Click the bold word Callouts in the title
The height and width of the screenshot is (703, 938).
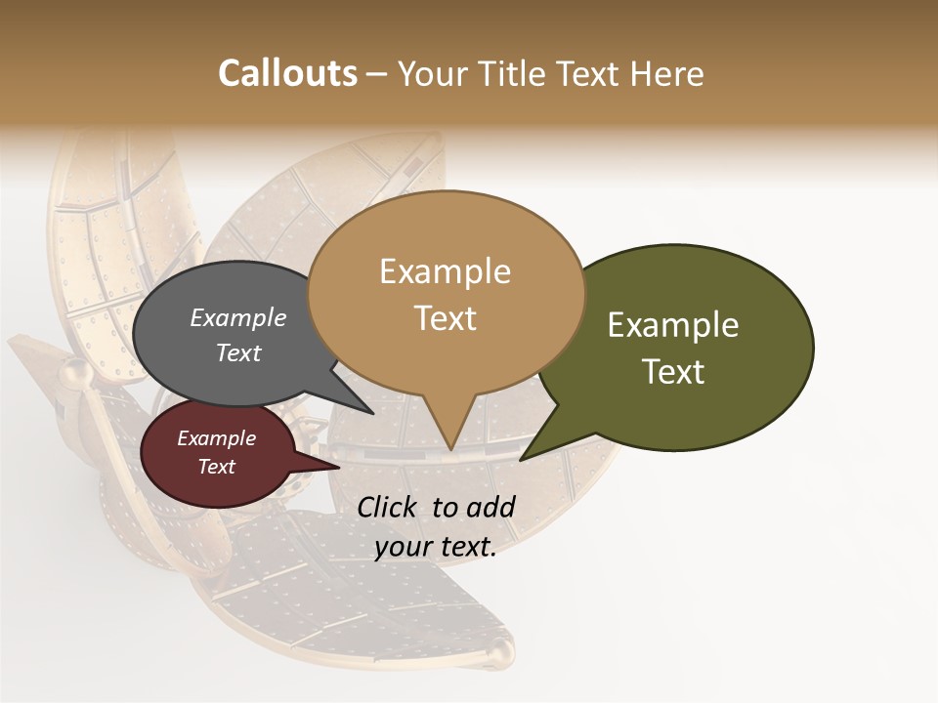click(x=287, y=73)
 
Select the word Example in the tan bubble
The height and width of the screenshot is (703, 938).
click(x=445, y=271)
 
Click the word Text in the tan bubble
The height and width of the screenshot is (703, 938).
click(x=445, y=318)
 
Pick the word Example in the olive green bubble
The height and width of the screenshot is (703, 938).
click(x=673, y=325)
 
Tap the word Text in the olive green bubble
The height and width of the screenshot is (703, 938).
click(x=673, y=372)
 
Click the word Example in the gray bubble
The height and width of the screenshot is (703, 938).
click(x=238, y=317)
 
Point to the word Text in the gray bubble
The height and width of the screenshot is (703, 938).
click(x=238, y=352)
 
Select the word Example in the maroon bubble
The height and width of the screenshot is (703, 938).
click(x=216, y=438)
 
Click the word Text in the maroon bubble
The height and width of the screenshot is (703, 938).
click(x=216, y=467)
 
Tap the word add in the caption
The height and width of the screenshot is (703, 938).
click(x=490, y=507)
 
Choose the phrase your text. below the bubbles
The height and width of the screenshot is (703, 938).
click(x=436, y=548)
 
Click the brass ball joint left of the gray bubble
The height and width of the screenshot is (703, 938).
click(x=72, y=372)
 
